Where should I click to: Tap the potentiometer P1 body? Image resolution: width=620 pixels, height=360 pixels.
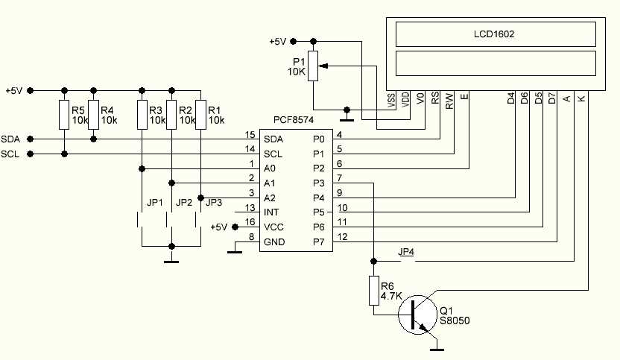click(x=313, y=66)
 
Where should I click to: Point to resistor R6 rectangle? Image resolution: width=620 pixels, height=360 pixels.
click(x=373, y=291)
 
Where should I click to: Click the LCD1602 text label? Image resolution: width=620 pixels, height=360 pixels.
click(x=494, y=34)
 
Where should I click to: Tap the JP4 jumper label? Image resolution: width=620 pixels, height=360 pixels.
click(x=407, y=253)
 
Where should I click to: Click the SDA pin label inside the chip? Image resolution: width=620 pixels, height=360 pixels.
click(x=273, y=139)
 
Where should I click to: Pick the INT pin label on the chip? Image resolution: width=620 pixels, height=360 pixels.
click(x=271, y=212)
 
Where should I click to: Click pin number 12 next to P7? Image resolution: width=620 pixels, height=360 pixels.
click(x=342, y=237)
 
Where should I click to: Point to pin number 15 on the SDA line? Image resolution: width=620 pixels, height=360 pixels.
click(x=250, y=134)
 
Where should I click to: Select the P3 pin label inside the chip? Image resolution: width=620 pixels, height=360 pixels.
click(x=318, y=183)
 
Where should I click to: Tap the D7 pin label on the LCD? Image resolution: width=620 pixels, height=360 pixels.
click(x=551, y=98)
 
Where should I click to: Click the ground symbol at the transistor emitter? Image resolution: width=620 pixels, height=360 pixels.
click(x=437, y=348)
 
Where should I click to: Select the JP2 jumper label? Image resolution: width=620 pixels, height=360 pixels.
click(x=183, y=203)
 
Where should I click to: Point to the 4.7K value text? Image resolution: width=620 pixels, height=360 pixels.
click(x=391, y=296)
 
